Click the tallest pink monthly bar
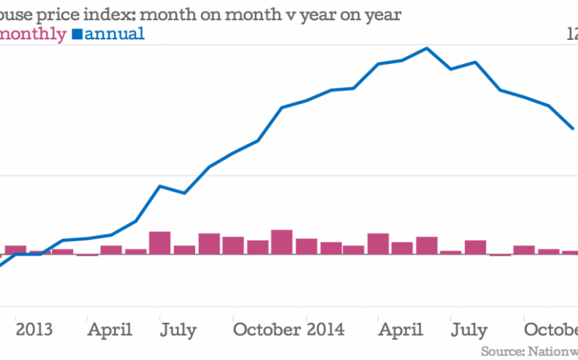pos(281,242)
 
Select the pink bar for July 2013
pos(160,243)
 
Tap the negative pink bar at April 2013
pos(87,255)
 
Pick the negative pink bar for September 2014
pos(500,254)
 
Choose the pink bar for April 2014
pos(378,244)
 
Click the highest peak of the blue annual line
pos(426,48)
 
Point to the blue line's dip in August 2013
pos(183,193)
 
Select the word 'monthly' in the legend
pos(34,33)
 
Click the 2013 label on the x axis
pos(34,330)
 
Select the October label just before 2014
pos(267,330)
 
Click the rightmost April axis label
pos(402,330)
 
